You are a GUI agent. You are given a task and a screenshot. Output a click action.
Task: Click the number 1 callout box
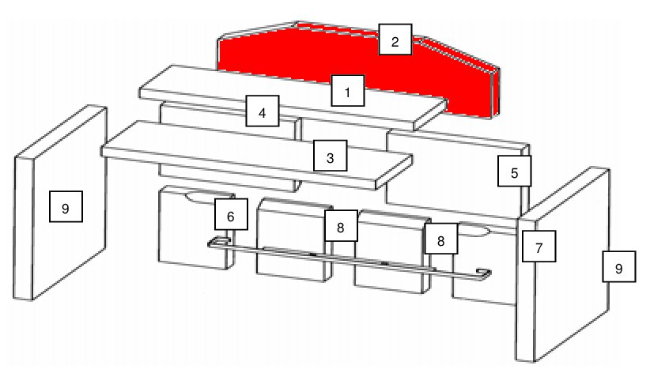click(x=347, y=92)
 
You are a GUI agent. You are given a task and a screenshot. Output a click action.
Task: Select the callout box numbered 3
click(x=330, y=157)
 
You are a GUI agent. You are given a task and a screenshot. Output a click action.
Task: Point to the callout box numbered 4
click(x=262, y=111)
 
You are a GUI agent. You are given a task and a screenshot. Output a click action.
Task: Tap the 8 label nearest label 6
click(x=340, y=226)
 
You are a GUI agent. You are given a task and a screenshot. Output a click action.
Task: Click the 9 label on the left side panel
click(x=65, y=208)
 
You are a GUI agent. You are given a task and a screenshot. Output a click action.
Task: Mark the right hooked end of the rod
click(x=483, y=275)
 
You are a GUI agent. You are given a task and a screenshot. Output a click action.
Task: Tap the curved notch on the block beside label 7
click(x=478, y=232)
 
